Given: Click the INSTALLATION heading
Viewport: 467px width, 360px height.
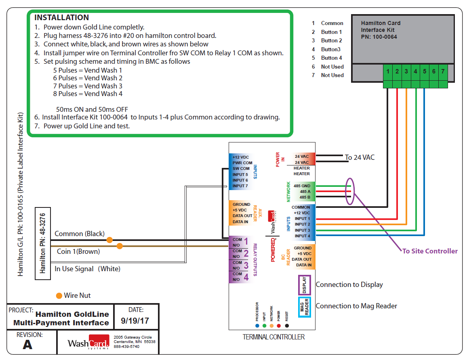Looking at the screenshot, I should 61,18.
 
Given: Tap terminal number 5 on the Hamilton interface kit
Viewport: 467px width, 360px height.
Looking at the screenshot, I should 424,71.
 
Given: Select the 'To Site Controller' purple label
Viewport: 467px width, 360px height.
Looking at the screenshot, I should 429,251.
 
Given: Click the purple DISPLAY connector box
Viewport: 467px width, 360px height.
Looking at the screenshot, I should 304,285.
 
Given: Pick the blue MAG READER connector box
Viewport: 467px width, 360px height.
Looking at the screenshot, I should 304,307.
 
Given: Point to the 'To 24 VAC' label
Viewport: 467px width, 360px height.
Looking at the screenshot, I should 360,157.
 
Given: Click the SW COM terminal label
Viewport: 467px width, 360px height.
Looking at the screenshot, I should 241,169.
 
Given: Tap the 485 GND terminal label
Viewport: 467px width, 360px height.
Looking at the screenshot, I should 302,186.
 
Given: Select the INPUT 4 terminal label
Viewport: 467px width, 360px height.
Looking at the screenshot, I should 302,236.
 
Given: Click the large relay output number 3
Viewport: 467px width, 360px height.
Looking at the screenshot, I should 246,265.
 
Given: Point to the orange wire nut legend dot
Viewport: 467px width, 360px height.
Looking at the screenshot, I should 59,295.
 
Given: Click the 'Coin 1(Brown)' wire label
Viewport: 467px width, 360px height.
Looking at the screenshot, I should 78,251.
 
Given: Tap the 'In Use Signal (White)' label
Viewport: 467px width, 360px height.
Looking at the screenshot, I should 87,269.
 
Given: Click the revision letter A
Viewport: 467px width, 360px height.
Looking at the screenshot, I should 27,344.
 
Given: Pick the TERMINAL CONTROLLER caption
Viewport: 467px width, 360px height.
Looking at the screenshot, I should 273,337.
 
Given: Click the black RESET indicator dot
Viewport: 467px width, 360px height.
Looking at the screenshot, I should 287,325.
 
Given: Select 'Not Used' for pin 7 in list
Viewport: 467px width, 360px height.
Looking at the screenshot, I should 332,75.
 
